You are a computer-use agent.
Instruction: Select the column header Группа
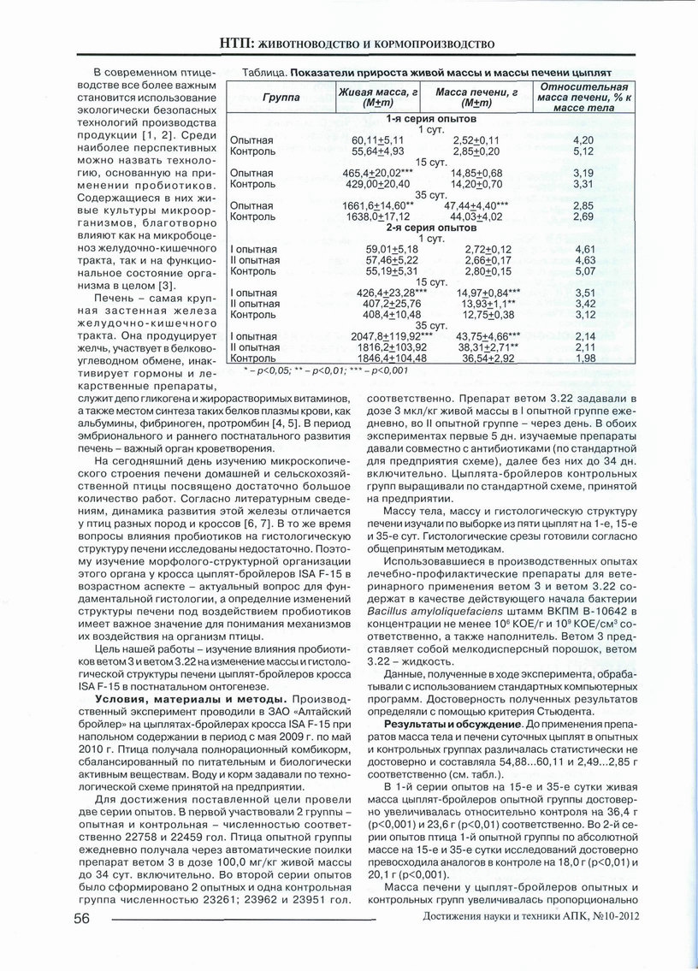(281, 98)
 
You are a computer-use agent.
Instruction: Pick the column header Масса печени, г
(476, 92)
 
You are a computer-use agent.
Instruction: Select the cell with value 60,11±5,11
(372, 139)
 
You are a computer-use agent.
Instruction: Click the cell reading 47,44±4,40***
(482, 206)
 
